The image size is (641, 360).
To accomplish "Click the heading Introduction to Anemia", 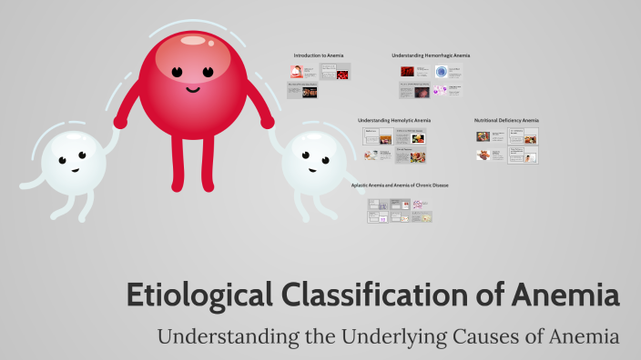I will click(x=319, y=55).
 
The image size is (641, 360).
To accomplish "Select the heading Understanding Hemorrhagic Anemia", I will click(x=431, y=55).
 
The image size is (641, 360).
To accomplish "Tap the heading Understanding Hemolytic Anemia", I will click(x=394, y=120).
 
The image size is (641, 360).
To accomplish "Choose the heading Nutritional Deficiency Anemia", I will click(x=506, y=120).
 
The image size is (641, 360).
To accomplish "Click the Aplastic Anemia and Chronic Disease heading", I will click(x=400, y=185).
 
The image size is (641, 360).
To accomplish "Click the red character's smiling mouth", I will click(x=192, y=89).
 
